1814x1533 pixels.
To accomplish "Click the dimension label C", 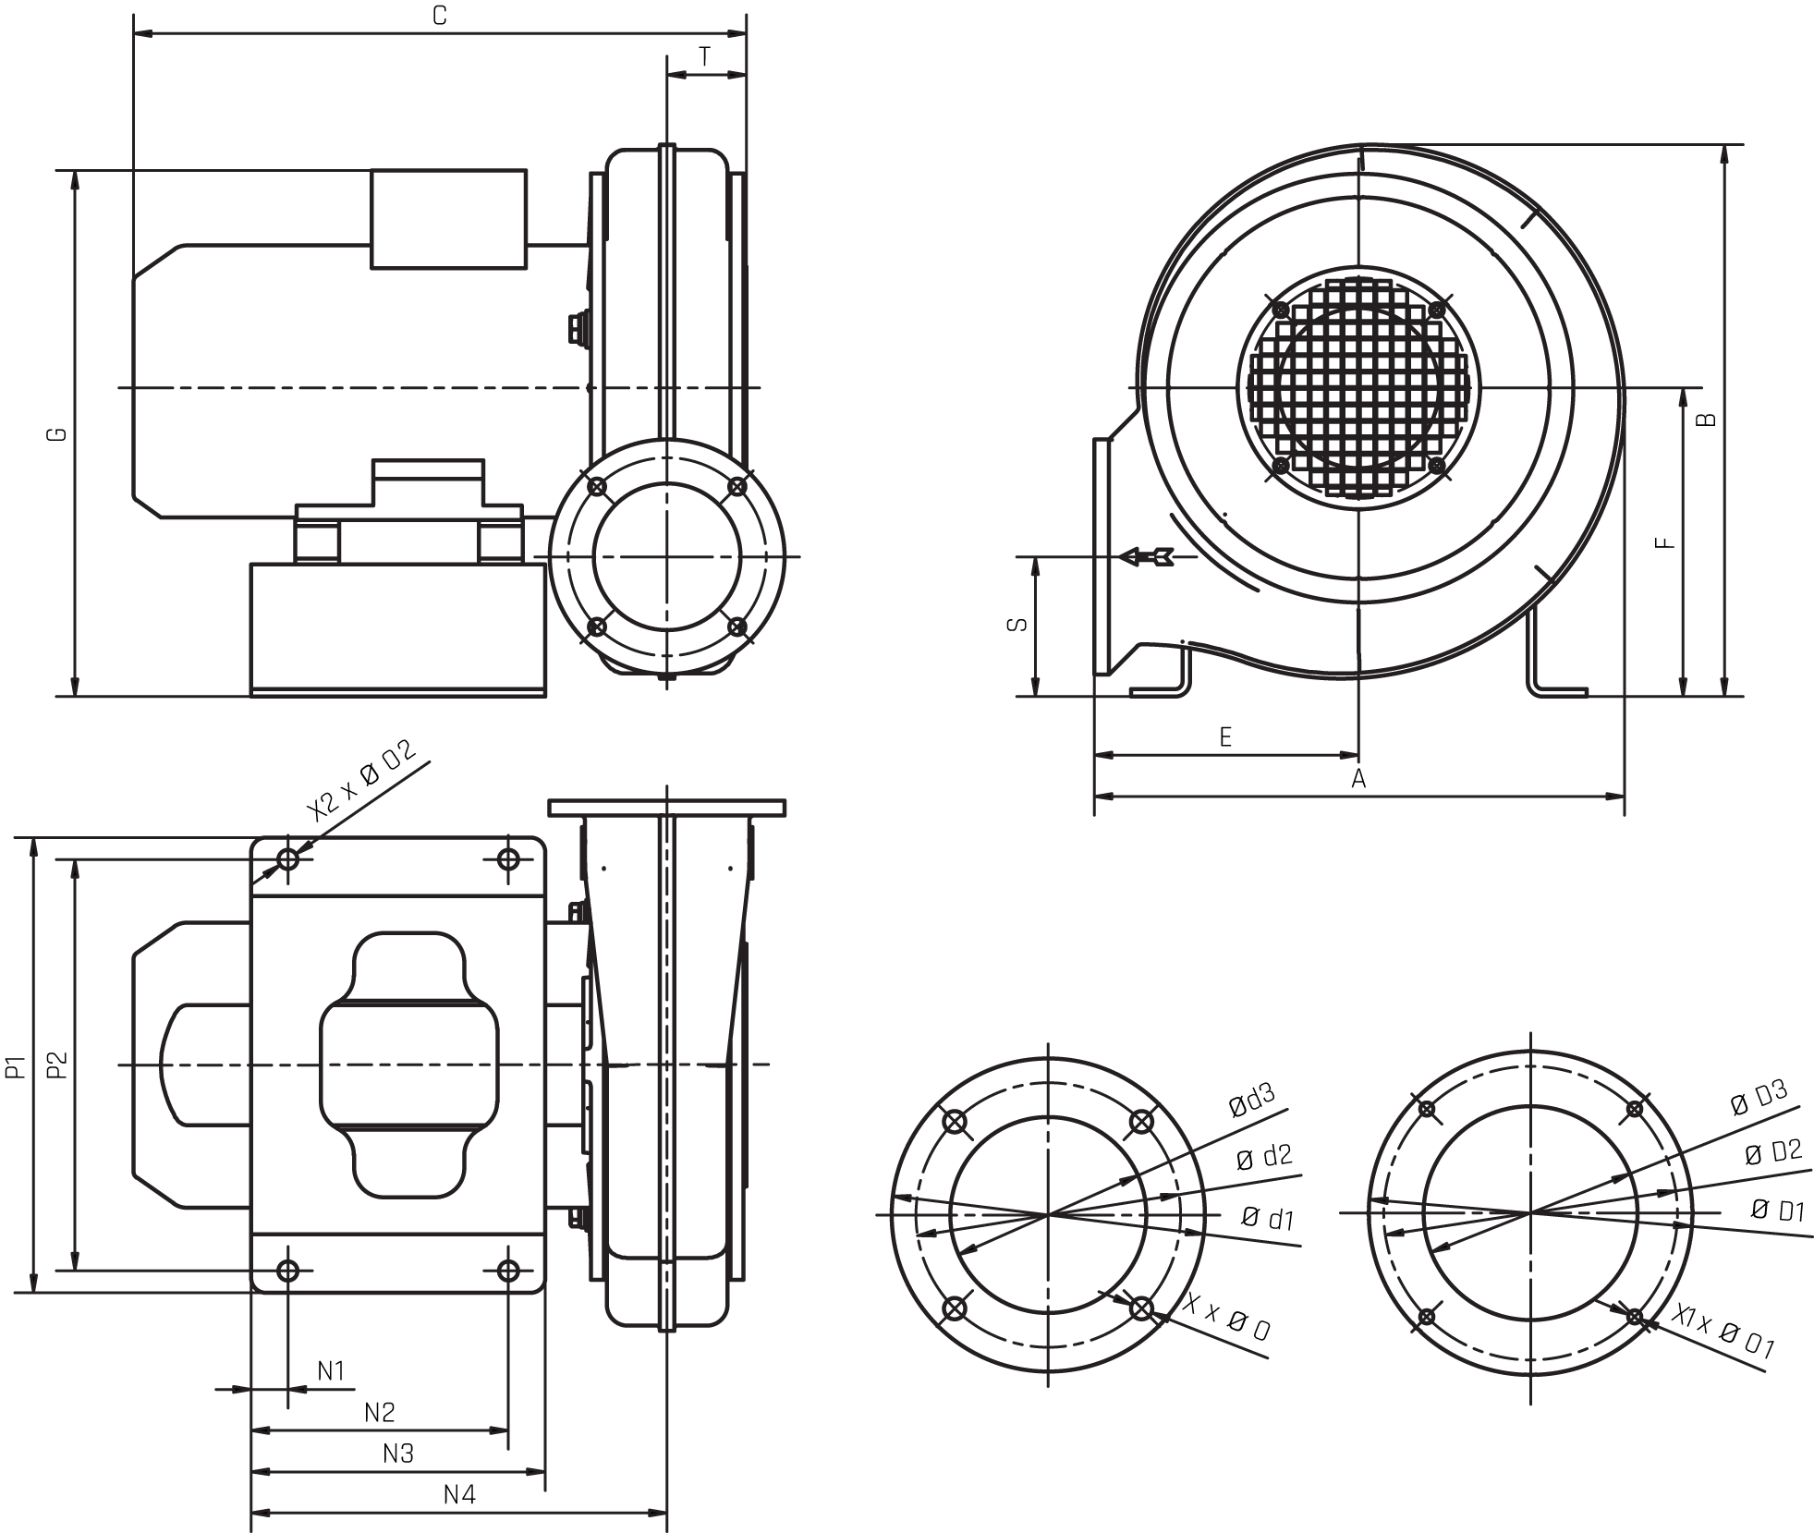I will [440, 16].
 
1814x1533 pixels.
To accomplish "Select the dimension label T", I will [705, 57].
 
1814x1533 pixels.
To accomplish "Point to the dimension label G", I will [57, 433].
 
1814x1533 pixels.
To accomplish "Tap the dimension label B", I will [1708, 419].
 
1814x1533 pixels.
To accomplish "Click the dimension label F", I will [1665, 542].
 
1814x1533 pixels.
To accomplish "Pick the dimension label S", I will [1017, 626].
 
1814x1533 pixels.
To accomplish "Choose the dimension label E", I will [1225, 736].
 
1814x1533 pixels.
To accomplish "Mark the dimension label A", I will [1358, 779].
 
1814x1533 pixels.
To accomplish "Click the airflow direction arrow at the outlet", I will [1146, 557].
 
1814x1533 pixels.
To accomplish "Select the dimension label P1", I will [15, 1065].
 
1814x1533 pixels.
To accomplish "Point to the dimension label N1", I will [331, 1371].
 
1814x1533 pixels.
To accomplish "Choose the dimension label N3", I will [398, 1454].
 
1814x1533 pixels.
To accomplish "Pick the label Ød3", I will [1252, 1100].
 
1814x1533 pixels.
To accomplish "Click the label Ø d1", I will [1267, 1218].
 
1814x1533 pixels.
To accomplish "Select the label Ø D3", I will [1759, 1098].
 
